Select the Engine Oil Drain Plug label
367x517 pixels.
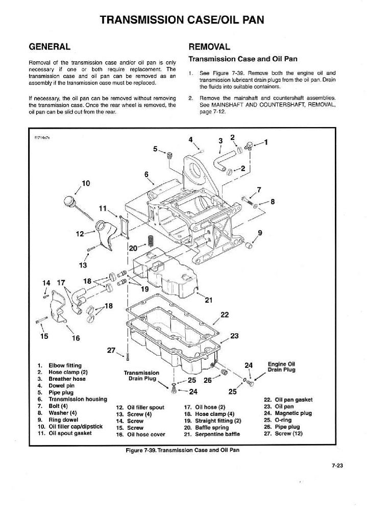281,366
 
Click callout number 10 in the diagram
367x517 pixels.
85,183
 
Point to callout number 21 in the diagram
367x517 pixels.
208,300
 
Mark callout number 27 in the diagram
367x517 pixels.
111,350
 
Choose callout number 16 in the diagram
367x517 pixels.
76,337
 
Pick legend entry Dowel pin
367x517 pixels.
57,386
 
